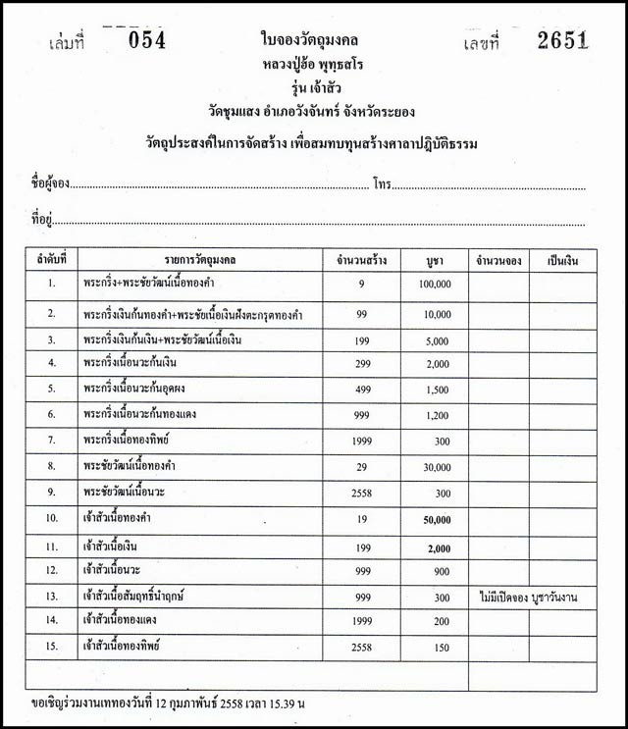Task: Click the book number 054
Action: coord(148,40)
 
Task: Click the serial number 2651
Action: coord(562,40)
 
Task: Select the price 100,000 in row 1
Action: coord(434,285)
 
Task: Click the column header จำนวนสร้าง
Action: coord(361,260)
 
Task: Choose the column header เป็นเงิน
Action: coord(562,260)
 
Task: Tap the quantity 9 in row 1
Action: coord(361,285)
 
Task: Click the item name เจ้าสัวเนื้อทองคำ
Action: coord(123,517)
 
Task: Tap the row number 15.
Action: coord(52,648)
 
